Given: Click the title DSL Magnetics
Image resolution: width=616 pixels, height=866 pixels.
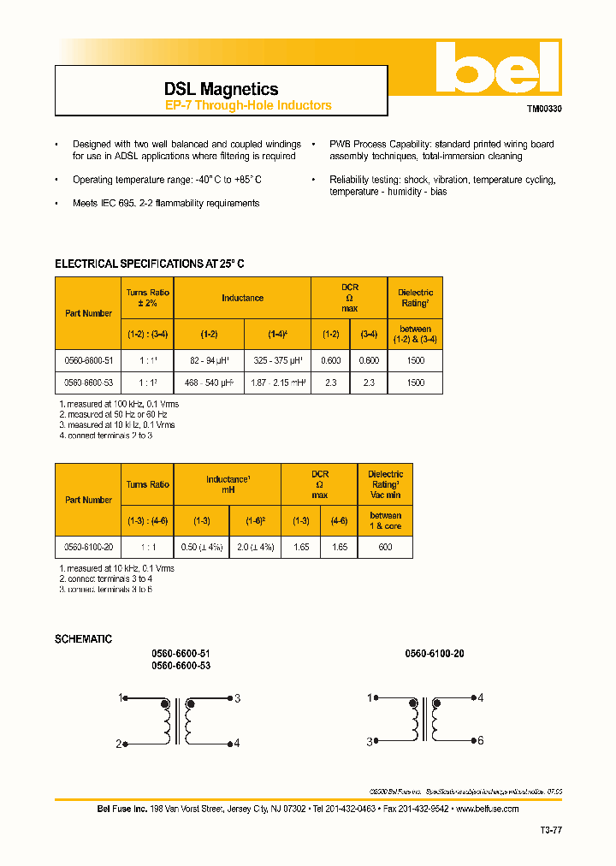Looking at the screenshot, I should click(221, 89).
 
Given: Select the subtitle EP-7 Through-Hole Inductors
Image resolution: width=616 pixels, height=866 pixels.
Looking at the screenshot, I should click(248, 106).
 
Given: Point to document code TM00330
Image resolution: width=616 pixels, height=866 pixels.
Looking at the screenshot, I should click(543, 110).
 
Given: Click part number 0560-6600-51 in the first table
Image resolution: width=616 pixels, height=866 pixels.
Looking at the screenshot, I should click(89, 360).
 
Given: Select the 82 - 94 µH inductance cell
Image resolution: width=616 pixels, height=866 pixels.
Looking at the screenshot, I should click(209, 360).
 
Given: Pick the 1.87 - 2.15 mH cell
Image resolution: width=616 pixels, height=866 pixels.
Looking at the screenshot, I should click(277, 383).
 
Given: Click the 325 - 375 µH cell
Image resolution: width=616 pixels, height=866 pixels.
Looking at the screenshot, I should click(277, 360).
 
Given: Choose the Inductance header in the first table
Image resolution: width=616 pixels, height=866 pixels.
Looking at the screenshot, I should click(242, 298).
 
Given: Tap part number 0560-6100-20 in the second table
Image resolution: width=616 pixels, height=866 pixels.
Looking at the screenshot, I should click(89, 547).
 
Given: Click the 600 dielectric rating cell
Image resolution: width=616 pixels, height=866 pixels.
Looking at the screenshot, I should click(385, 547).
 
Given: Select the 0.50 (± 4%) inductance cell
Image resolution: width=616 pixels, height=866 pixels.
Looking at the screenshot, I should click(201, 547).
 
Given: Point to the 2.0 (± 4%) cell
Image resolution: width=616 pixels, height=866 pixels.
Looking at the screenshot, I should click(255, 547).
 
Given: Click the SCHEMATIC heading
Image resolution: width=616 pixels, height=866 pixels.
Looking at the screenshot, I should click(83, 639).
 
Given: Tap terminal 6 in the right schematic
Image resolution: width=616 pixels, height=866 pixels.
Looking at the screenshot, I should click(481, 740).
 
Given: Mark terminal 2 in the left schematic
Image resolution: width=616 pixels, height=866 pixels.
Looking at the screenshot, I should click(119, 744).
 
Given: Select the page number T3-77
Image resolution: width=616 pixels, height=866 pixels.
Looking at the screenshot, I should click(551, 830).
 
